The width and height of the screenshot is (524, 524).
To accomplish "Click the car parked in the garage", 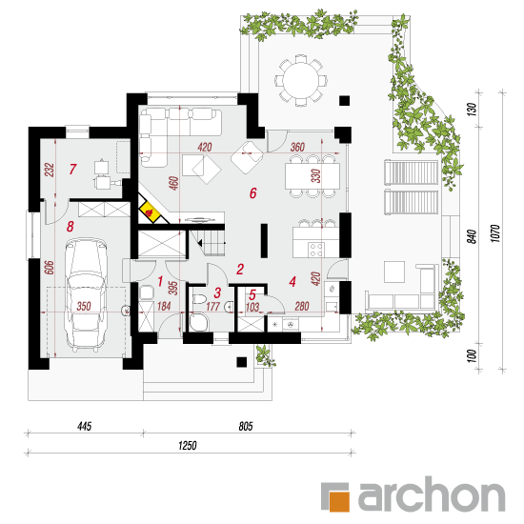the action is tap(86, 294).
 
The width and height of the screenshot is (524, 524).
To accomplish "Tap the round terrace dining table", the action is tap(301, 81).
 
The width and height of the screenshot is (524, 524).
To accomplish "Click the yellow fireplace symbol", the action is tap(149, 212).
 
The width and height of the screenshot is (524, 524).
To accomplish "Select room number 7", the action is tap(72, 169).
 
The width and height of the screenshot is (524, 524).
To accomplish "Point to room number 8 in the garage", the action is tap(70, 227).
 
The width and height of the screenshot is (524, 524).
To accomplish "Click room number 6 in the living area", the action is tap(253, 193).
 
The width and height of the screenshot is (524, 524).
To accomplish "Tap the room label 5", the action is tap(252, 294).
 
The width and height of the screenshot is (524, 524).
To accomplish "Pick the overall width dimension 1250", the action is tap(187, 446).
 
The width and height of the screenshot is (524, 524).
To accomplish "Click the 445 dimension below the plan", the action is tap(84, 426).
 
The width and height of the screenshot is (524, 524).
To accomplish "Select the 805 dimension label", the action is tap(246, 426).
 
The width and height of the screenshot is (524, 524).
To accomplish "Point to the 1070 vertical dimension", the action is tap(495, 233).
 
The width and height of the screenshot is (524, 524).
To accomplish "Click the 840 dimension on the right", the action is tap(472, 236).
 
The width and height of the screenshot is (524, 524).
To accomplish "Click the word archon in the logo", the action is tap(432, 494).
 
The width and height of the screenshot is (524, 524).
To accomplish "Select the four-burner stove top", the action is tap(316, 250).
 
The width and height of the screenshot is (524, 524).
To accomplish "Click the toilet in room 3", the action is tap(199, 299).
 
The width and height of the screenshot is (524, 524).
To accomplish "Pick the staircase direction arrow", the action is tap(200, 243).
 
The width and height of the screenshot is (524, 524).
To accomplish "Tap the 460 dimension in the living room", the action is tap(173, 183).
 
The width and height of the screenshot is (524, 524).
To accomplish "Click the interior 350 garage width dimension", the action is tap(84, 306).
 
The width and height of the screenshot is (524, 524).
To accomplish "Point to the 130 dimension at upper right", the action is tap(472, 110).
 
